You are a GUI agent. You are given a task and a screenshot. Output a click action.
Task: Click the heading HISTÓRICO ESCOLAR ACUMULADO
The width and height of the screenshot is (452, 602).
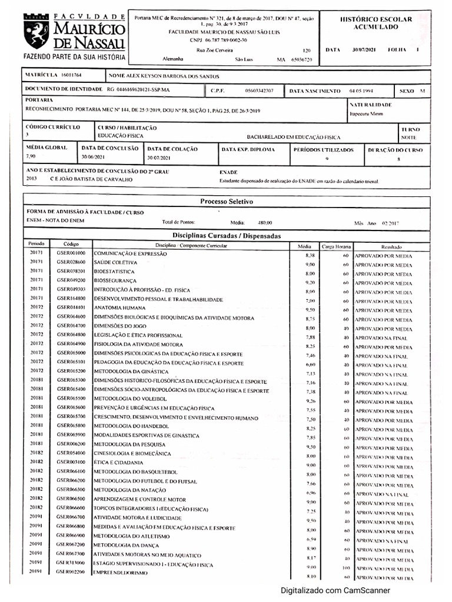pyautogui.click(x=376, y=23)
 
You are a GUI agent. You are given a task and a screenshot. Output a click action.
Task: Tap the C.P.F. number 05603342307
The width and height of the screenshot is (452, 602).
pyautogui.click(x=259, y=91)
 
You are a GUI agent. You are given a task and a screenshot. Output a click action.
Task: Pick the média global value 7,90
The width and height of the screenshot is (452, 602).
pyautogui.click(x=32, y=157)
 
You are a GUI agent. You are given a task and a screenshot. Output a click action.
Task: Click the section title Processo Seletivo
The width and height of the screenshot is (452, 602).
pyautogui.click(x=227, y=201)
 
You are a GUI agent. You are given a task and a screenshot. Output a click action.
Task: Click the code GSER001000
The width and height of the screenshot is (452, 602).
pyautogui.click(x=71, y=253)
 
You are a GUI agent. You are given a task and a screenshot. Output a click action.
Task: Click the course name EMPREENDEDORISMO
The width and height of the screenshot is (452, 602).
pyautogui.click(x=121, y=573)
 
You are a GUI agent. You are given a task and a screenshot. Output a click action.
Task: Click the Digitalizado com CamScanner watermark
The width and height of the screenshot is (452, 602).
pyautogui.click(x=334, y=591)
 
